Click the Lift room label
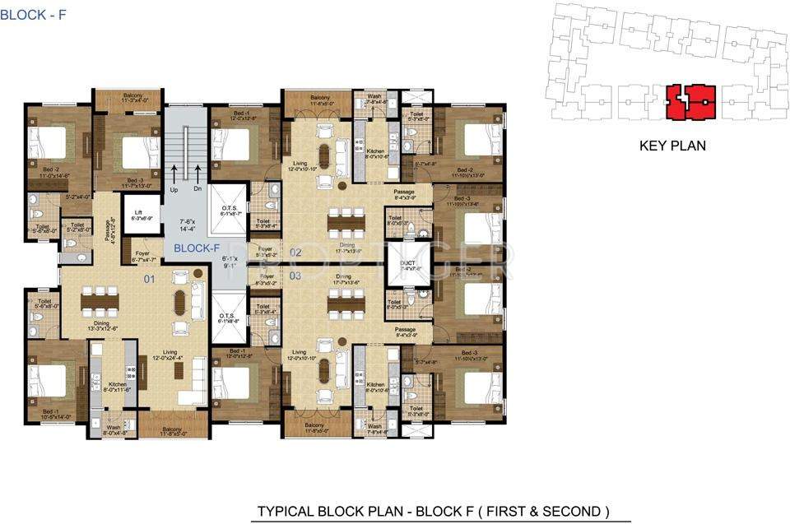click(142, 216)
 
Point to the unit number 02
click(297, 253)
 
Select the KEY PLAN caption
click(672, 146)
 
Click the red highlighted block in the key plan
click(690, 102)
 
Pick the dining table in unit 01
click(100, 301)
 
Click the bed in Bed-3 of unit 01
click(141, 152)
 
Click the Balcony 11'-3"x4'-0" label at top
click(132, 98)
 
